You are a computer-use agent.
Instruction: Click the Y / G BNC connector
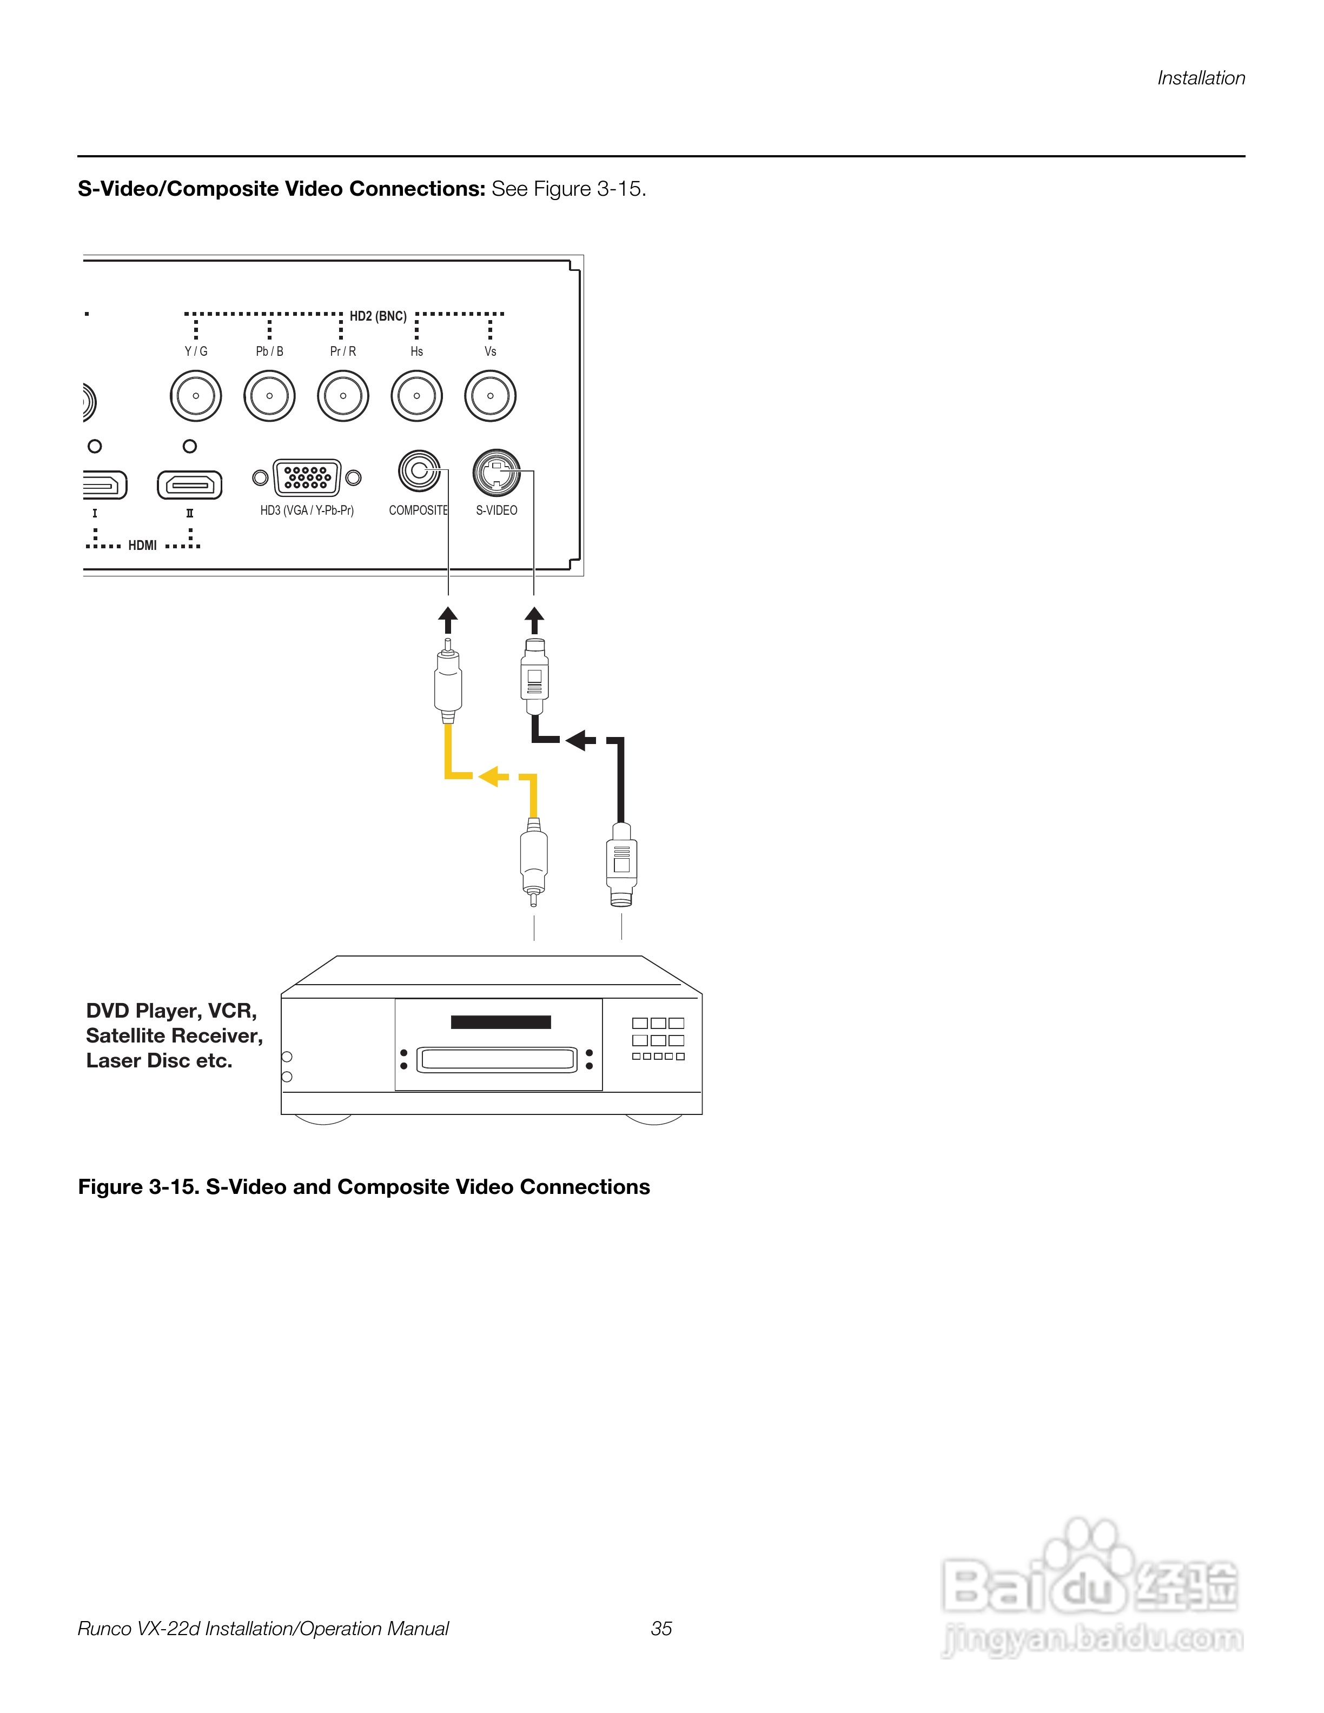pyautogui.click(x=196, y=396)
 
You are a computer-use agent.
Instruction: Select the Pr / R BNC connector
pyautogui.click(x=343, y=396)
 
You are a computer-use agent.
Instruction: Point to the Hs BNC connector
pyautogui.click(x=416, y=396)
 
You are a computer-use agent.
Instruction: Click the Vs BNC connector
pyautogui.click(x=490, y=396)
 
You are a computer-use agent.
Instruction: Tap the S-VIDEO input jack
pyautogui.click(x=496, y=472)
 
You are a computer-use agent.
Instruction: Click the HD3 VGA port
pyautogui.click(x=307, y=477)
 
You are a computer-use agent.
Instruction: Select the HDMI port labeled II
pyautogui.click(x=190, y=484)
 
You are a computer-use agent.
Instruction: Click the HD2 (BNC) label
pyautogui.click(x=378, y=316)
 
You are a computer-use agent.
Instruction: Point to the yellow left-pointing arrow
pyautogui.click(x=493, y=776)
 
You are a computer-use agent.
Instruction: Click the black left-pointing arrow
pyautogui.click(x=580, y=740)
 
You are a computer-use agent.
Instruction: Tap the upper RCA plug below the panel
pyautogui.click(x=448, y=679)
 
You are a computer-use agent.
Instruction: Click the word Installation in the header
pyautogui.click(x=1201, y=78)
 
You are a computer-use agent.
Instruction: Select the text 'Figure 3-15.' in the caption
pyautogui.click(x=138, y=1187)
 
